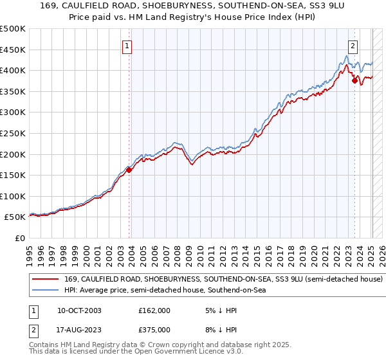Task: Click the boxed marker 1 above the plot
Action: point(128,46)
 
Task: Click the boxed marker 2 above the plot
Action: point(353,46)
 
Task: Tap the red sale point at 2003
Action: point(129,170)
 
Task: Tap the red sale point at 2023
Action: point(354,81)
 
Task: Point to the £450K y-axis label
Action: point(13,50)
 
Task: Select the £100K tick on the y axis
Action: point(13,196)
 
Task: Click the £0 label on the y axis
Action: point(19,239)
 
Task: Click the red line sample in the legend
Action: point(46,280)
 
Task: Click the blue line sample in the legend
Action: point(46,291)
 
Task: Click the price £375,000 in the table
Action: point(154,330)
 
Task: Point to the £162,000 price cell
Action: point(154,310)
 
